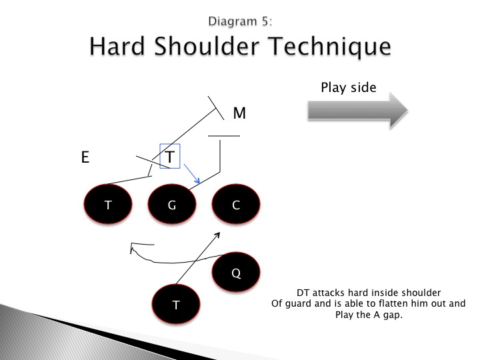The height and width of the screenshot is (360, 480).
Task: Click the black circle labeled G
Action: (x=171, y=205)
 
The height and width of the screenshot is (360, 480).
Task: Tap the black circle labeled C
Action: (x=235, y=205)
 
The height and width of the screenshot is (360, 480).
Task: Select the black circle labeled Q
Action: (x=235, y=271)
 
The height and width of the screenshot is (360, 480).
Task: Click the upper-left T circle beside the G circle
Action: (x=108, y=205)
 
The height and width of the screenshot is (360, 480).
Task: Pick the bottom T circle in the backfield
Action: (x=176, y=305)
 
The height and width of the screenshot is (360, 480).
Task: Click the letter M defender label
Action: (x=239, y=114)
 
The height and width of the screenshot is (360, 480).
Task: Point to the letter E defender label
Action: (x=85, y=158)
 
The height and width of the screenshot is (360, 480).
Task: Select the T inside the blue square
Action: (x=170, y=157)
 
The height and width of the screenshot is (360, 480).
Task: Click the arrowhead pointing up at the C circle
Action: (x=218, y=234)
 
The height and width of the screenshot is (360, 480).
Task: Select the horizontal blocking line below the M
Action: (x=223, y=136)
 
